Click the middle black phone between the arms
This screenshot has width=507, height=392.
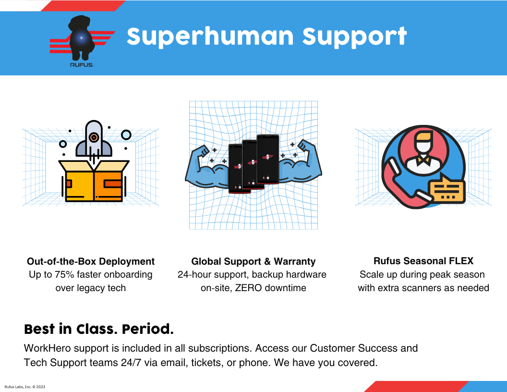click(250, 163)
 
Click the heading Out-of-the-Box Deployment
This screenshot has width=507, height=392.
click(91, 261)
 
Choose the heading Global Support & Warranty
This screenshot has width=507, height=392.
click(253, 261)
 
